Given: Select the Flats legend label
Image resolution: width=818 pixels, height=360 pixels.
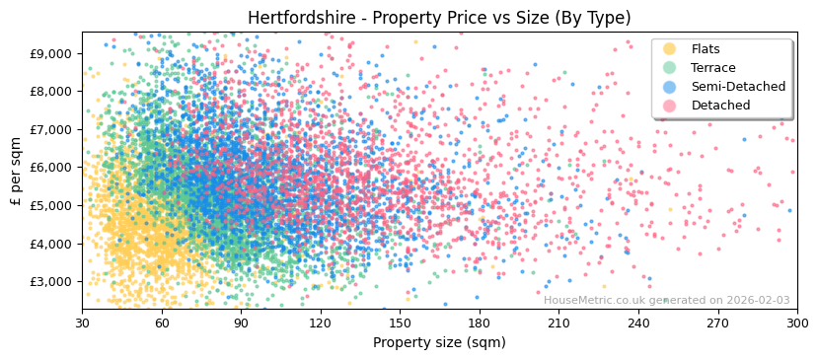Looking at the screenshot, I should (x=706, y=49).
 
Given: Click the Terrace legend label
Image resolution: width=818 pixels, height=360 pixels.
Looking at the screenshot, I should (x=712, y=68).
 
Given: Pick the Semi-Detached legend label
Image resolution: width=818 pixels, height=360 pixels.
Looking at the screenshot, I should (x=738, y=87).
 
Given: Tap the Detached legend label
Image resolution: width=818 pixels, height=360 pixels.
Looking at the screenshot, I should (x=719, y=106).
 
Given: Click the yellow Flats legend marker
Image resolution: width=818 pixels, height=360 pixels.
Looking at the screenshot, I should (x=669, y=49).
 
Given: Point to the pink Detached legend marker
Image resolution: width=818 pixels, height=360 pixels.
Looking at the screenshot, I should (x=669, y=106).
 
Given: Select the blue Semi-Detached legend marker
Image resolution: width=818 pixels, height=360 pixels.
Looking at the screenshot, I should (x=669, y=87).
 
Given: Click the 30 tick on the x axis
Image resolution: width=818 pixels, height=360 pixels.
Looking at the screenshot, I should (x=82, y=323).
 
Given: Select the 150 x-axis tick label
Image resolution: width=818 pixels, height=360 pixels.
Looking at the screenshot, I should (x=400, y=323).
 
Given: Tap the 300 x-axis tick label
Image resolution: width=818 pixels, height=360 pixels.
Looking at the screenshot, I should (x=797, y=323).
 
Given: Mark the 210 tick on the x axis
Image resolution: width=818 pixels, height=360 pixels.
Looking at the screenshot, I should (x=558, y=323).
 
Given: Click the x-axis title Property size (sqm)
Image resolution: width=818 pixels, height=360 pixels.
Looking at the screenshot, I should (x=439, y=342).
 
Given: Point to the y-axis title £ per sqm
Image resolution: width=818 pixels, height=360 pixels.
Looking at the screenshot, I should (x=17, y=172).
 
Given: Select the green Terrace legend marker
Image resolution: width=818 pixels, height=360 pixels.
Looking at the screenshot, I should (x=669, y=68).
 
